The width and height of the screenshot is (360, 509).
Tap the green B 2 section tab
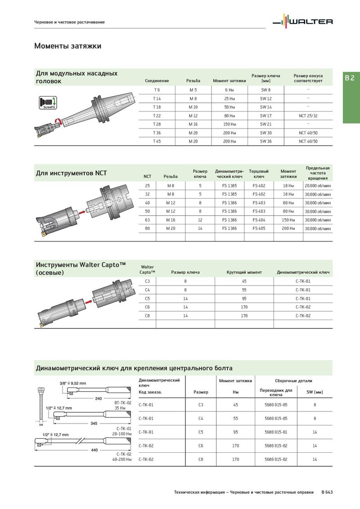point(351,78)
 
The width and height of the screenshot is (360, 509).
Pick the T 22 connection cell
point(157,116)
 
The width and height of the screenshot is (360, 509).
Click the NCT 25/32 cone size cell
point(308,116)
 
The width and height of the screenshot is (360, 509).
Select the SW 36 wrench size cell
point(265,141)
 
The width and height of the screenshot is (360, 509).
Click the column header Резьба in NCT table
point(171,176)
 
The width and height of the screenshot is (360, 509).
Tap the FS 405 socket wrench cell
point(259,228)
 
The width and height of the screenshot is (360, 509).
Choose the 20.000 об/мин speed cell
point(317,186)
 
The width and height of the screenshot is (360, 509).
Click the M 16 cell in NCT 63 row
point(171,220)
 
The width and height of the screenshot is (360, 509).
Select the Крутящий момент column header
point(244,272)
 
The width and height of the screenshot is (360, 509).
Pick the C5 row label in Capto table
point(147,298)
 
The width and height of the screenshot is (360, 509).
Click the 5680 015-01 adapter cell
point(276,432)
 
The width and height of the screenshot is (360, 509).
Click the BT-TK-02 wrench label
point(122,403)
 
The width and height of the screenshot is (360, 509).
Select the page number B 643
point(327,492)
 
